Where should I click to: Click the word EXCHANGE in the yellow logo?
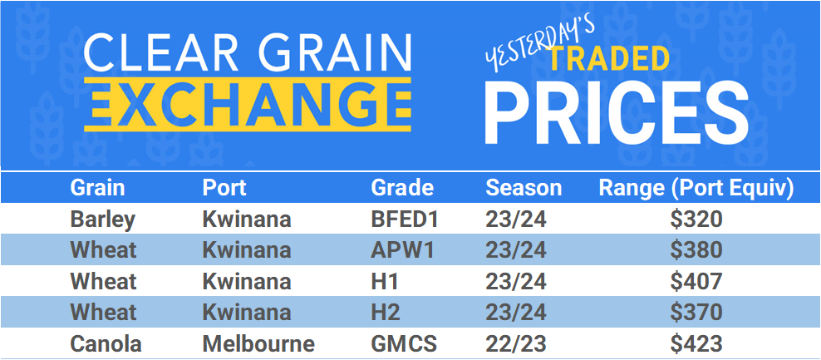248,104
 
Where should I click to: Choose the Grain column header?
97,188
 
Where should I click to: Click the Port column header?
224,188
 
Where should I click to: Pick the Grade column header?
402,188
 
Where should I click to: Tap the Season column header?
524,188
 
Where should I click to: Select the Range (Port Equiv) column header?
696,188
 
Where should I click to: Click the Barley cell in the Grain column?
103,219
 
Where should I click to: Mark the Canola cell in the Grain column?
106,343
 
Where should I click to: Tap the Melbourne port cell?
258,343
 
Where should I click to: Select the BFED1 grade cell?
404,219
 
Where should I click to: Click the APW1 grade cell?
402,250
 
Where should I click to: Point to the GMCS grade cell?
403,343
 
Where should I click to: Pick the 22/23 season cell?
517,343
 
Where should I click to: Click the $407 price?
698,282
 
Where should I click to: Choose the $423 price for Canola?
698,343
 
